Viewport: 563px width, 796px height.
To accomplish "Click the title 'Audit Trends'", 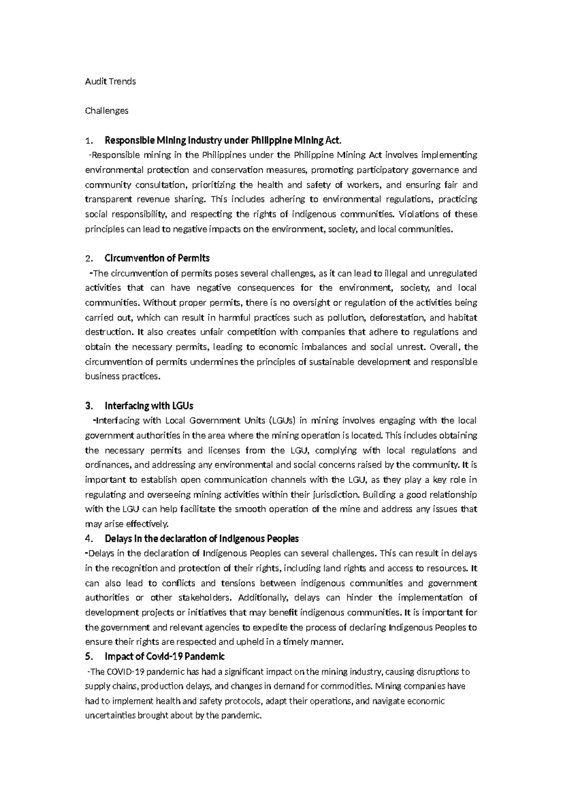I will tap(110, 81).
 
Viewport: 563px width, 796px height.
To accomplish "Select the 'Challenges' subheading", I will tap(107, 111).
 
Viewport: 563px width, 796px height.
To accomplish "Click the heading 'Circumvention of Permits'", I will tap(157, 258).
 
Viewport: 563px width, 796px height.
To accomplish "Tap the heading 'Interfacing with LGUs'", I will tap(149, 406).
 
